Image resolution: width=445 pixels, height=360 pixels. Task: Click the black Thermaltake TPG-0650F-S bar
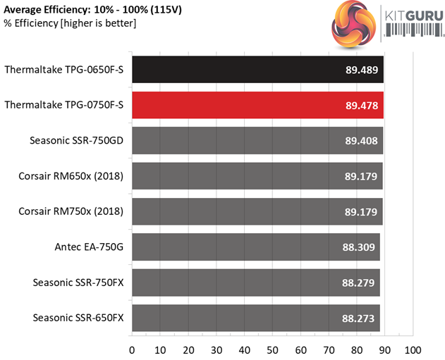coord(257,70)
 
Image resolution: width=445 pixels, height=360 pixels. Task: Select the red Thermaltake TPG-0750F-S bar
coord(257,105)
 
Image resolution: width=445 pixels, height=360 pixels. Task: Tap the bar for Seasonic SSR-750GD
coord(257,140)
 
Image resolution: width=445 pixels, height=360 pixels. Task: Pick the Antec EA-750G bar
coord(255,247)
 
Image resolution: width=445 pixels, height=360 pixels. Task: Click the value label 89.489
coord(361,70)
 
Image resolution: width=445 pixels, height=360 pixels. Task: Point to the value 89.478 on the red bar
coord(361,105)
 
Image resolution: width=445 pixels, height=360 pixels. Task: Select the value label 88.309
coord(358,247)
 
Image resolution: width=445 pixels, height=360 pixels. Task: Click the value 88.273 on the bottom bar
coord(358,318)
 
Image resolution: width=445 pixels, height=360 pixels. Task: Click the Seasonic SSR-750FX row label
coord(78,283)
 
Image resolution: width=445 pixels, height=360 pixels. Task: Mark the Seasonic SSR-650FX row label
coord(78,318)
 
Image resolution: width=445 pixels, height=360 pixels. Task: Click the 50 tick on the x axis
coord(272,349)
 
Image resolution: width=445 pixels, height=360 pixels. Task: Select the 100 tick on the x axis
coord(413,349)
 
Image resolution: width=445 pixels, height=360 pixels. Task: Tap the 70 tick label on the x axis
coord(329,349)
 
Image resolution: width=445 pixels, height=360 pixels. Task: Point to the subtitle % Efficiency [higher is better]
coord(70,24)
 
